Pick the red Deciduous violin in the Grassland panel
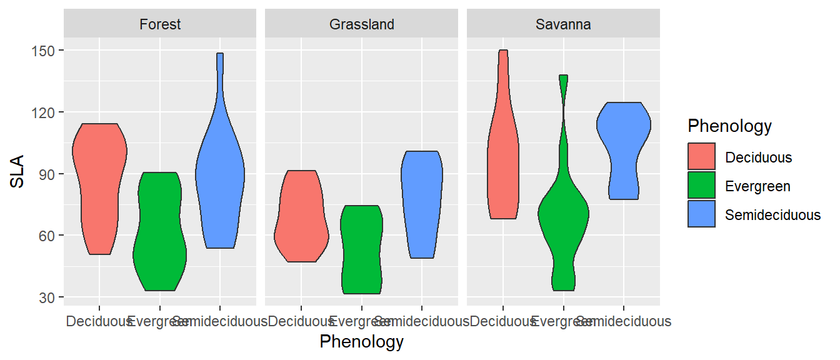301,219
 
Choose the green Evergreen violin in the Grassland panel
361,250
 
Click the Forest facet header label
160,24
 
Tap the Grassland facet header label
362,24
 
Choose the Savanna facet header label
563,24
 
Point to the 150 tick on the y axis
44,51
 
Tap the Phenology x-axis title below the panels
361,342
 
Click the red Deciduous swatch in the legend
701,156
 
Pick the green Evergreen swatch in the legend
701,186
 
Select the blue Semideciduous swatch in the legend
701,214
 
